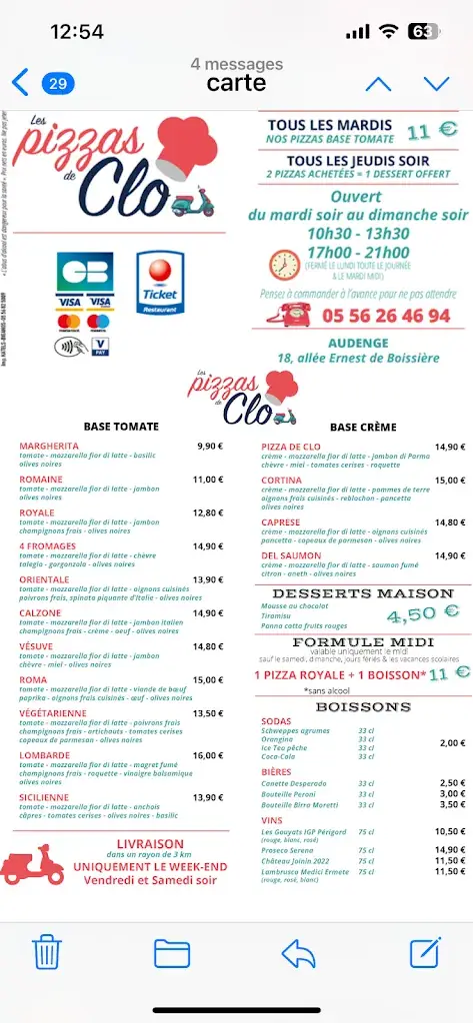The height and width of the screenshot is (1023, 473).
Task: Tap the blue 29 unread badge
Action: coord(57,83)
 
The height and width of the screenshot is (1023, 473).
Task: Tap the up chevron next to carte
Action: coord(378,84)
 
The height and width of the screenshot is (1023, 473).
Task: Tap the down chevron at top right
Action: coord(436,84)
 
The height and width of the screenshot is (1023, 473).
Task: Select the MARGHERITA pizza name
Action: coord(49,446)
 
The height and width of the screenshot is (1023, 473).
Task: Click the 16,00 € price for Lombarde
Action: coord(208,755)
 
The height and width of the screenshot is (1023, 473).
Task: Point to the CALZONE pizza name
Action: coord(40,612)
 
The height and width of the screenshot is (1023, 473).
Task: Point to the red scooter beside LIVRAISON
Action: coord(32,865)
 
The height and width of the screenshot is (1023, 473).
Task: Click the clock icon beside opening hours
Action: coord(285,264)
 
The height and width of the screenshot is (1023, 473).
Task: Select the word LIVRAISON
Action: coord(150,844)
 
